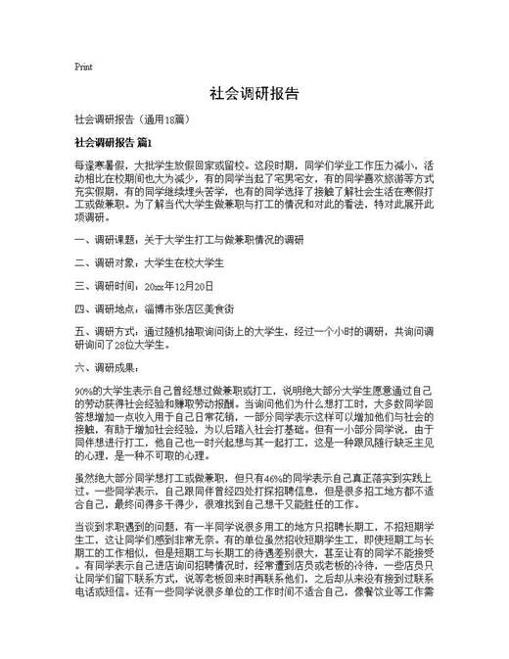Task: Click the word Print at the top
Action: [x=83, y=68]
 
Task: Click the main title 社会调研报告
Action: [x=254, y=95]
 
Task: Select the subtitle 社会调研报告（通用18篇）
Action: [x=138, y=119]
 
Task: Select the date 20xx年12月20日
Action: [x=177, y=286]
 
